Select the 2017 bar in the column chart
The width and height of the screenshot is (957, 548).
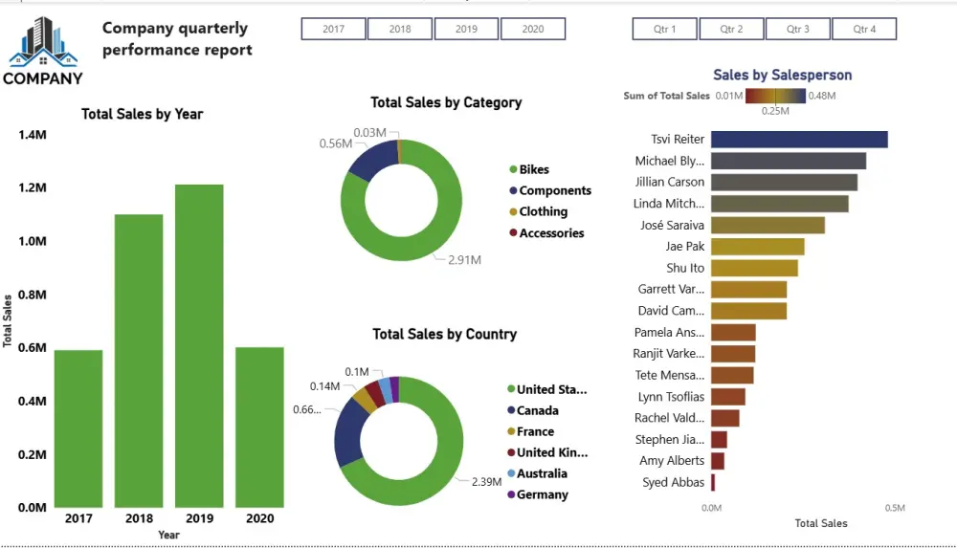78,427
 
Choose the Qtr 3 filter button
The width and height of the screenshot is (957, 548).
798,30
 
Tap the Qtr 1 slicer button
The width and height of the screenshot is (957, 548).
664,30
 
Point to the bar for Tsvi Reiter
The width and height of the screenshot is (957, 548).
799,140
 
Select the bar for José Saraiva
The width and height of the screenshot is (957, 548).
768,226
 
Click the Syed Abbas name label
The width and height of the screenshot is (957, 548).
674,483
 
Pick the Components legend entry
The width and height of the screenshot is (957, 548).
554,191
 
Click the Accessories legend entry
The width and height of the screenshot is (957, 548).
550,233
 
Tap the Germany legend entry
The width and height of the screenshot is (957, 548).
542,495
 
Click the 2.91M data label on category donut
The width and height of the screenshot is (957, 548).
464,260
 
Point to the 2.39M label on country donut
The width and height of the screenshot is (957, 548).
487,482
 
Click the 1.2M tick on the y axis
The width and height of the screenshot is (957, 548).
33,188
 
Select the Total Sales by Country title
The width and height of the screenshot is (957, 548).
444,335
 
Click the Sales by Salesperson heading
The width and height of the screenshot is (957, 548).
782,75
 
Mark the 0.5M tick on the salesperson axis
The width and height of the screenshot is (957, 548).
894,508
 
